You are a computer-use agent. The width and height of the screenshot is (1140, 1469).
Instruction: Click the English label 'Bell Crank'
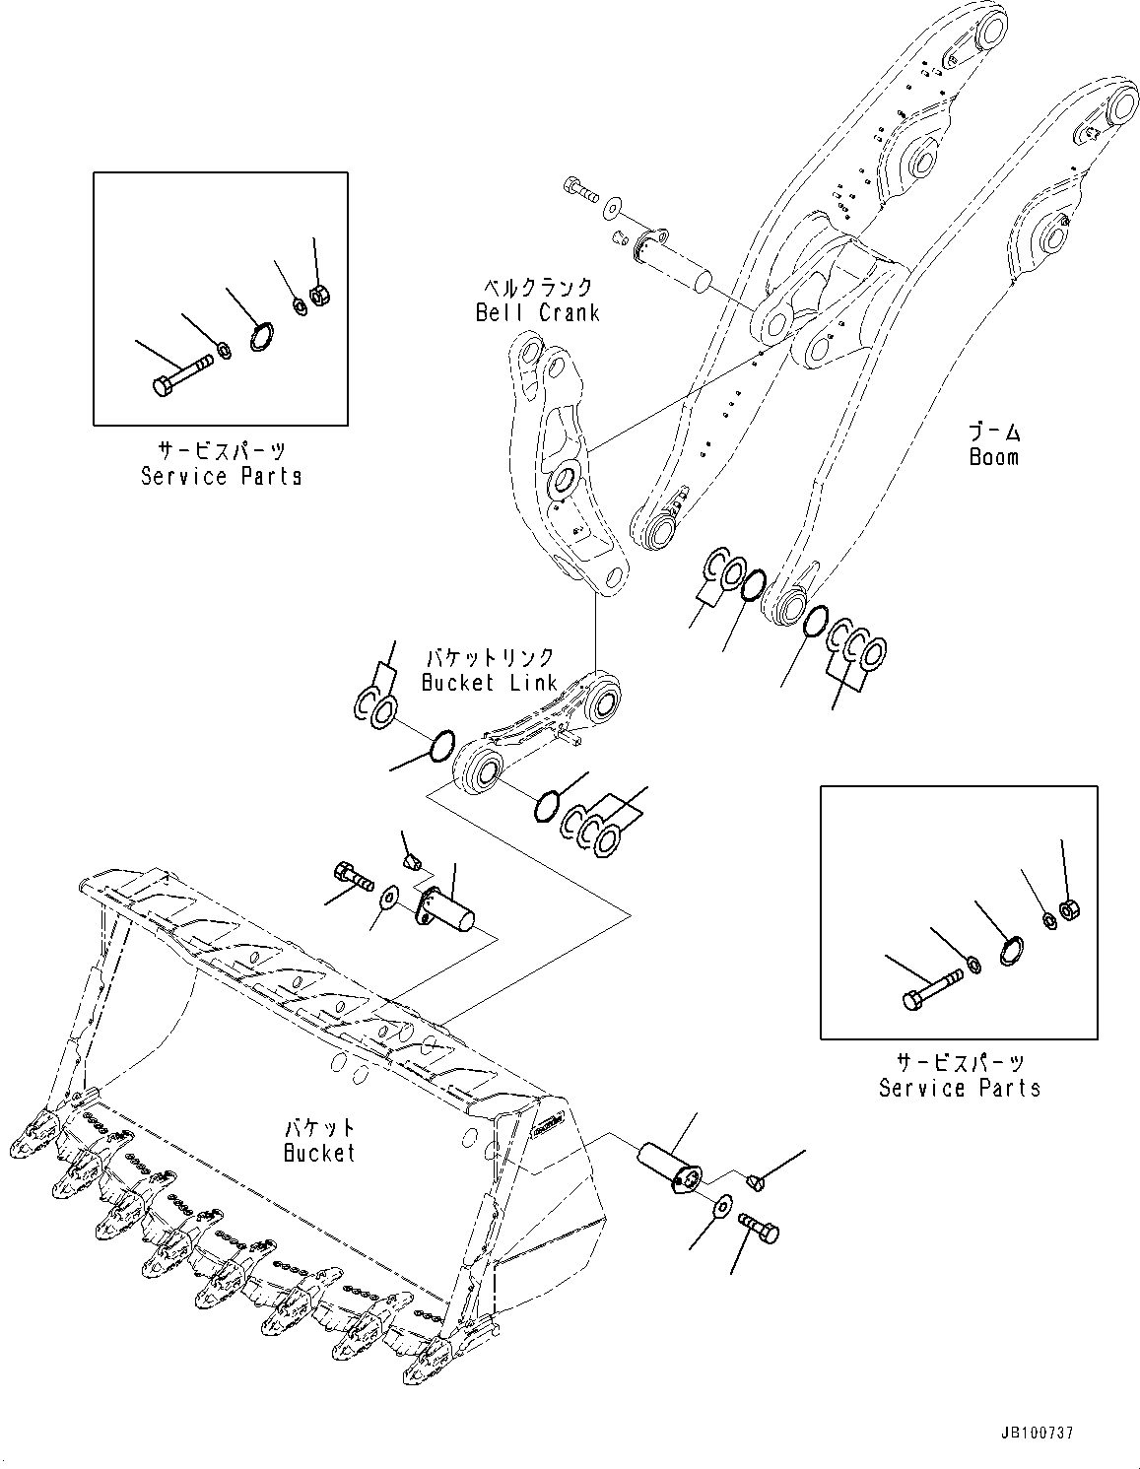coord(537,312)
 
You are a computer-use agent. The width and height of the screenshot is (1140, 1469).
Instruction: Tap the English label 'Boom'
coord(993,457)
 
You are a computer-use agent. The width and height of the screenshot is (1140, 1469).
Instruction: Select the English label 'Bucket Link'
coord(488,682)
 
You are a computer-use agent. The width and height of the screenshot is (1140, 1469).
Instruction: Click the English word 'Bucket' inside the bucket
coord(319,1152)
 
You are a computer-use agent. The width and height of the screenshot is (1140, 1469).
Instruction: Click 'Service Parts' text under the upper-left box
coord(221,476)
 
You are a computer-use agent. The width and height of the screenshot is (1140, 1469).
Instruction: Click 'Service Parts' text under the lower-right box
coord(959,1088)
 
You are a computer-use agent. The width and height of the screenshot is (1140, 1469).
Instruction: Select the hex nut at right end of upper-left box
coord(319,294)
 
